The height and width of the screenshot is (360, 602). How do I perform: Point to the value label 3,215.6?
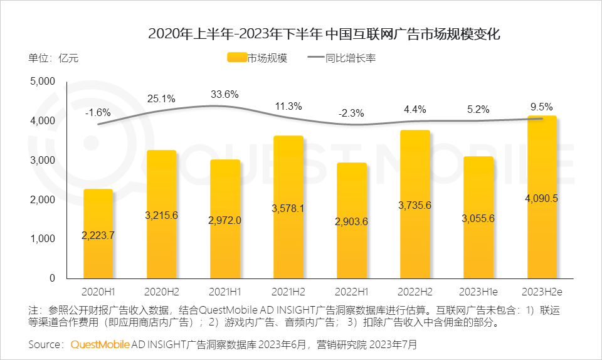tap(161, 215)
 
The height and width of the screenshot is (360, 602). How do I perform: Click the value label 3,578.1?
tap(288, 209)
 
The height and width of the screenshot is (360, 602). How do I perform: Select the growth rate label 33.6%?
tap(224, 95)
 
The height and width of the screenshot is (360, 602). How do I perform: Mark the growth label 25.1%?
tap(161, 98)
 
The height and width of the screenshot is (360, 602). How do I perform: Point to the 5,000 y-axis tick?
tap(43, 81)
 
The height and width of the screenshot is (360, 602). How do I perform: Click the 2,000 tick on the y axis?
tap(43, 199)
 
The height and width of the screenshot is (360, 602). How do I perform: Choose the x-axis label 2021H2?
tap(288, 292)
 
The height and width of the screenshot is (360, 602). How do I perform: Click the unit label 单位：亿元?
tap(53, 58)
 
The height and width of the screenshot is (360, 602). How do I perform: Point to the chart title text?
tap(324, 33)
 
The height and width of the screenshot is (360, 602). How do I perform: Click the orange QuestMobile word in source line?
tap(100, 344)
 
